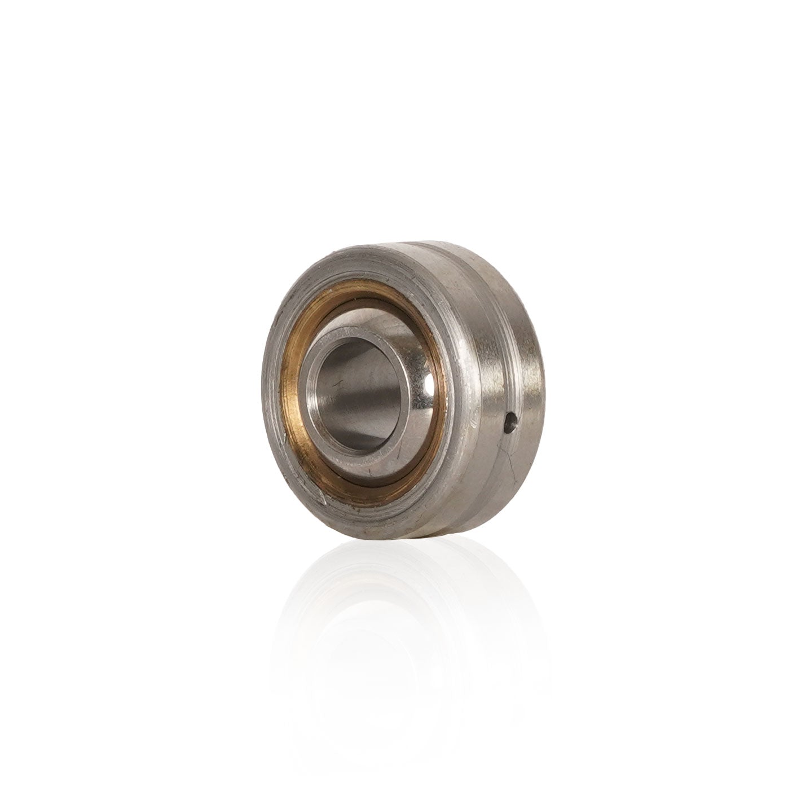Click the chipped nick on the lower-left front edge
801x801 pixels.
pyautogui.click(x=323, y=499)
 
